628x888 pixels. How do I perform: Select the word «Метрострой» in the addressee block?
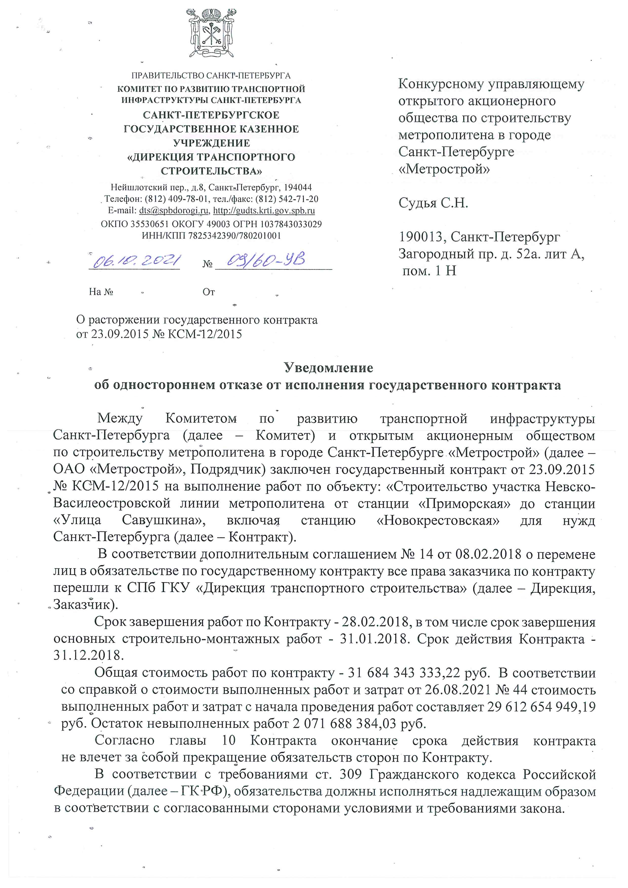444,169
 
